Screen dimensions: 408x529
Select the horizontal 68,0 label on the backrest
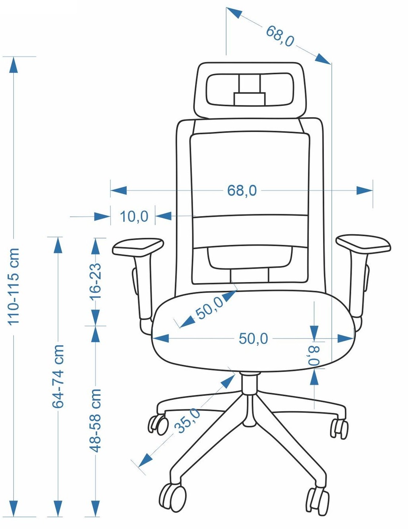[242, 190]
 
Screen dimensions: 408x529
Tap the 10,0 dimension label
[134, 216]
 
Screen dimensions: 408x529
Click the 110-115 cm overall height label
[13, 286]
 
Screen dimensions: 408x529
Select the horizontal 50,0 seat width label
[253, 339]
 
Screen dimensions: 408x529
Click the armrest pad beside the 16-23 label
[138, 247]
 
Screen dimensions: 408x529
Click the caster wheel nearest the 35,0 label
[158, 424]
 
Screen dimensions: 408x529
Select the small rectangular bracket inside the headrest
[250, 99]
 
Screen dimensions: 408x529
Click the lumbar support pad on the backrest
[250, 258]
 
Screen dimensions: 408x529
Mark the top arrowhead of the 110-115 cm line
[13, 65]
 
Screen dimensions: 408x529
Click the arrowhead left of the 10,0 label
[102, 216]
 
